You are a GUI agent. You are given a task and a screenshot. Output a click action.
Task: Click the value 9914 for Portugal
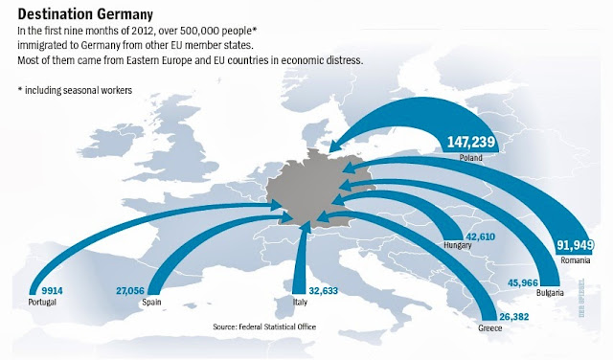click(x=44, y=290)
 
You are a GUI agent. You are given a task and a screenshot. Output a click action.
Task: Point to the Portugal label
click(x=43, y=302)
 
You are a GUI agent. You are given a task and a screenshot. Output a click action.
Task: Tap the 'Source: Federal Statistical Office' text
click(x=264, y=326)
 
